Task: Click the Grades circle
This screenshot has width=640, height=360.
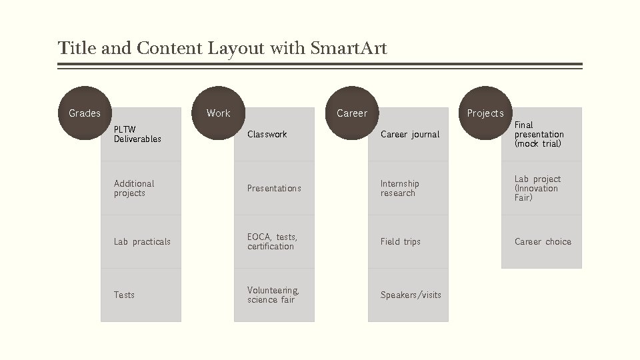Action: pos(85,113)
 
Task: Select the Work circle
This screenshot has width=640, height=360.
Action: pos(218,113)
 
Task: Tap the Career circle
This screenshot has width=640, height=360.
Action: pos(352,113)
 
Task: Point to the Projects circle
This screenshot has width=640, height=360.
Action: pos(485,113)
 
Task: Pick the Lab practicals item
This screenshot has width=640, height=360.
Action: pos(141,241)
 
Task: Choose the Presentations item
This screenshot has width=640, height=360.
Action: pos(274,188)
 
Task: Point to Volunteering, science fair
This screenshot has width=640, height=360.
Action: pos(274,295)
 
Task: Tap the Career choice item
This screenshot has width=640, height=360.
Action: pos(541,241)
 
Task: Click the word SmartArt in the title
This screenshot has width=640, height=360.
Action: pos(348,49)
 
